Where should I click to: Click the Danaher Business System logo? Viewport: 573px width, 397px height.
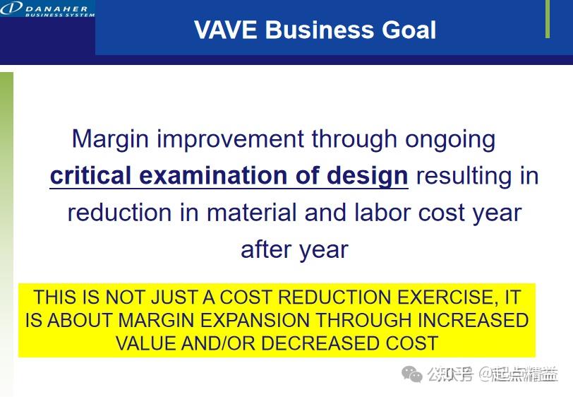pyautogui.click(x=47, y=10)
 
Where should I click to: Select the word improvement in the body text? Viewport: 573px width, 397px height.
pyautogui.click(x=231, y=138)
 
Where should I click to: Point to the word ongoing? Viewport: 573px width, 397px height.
pyautogui.click(x=450, y=139)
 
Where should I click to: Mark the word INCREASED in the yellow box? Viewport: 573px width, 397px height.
pyautogui.click(x=473, y=320)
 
